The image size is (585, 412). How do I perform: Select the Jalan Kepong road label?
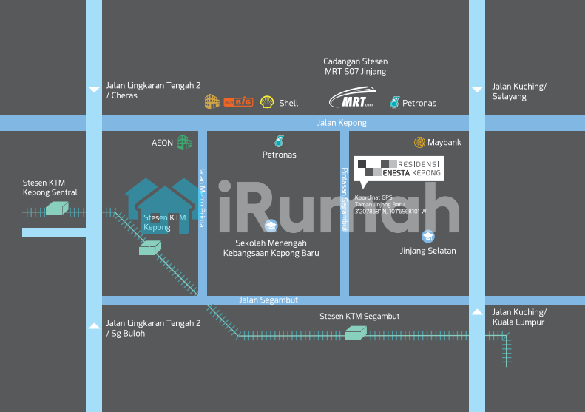click(342, 123)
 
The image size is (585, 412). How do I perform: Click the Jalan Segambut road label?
click(268, 300)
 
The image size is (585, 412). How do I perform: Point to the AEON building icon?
click(184, 142)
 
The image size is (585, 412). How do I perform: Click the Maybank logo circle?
click(419, 142)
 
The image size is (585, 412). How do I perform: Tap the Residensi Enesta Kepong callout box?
click(398, 169)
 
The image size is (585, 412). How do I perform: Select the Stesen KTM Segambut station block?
click(356, 334)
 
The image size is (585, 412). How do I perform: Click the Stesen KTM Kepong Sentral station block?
click(55, 209)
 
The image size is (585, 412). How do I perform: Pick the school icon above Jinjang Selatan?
click(427, 236)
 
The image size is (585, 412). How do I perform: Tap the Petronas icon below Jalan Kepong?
click(279, 141)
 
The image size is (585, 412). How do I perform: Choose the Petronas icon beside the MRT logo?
click(394, 102)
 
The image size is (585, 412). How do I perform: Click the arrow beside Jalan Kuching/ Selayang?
click(477, 90)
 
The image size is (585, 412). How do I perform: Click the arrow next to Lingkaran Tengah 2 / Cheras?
click(94, 90)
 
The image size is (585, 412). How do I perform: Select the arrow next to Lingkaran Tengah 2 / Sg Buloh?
click(94, 325)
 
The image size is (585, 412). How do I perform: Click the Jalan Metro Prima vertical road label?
click(201, 195)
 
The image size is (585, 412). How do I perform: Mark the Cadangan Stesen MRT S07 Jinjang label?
click(355, 67)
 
